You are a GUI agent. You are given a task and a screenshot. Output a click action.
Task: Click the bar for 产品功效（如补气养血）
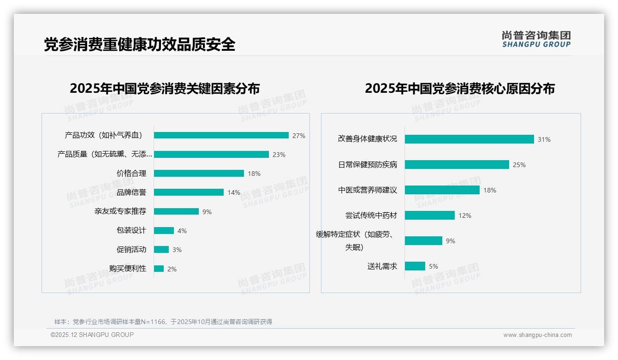click(221, 135)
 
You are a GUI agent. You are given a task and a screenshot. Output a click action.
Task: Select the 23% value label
click(279, 155)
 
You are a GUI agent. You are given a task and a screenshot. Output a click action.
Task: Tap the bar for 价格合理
click(199, 174)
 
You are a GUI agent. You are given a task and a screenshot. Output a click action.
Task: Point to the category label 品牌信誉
click(131, 192)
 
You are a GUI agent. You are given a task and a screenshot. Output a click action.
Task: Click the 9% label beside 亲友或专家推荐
click(207, 212)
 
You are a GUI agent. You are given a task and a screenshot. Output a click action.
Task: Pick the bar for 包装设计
click(164, 231)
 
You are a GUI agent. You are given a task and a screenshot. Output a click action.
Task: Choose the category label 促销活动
click(131, 250)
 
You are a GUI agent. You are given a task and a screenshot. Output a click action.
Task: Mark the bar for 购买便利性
click(159, 269)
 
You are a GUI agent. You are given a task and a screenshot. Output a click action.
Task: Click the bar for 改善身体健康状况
click(469, 139)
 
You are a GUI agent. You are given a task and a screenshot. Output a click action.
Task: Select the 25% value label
click(519, 165)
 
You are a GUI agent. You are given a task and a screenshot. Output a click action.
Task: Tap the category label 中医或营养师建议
click(368, 190)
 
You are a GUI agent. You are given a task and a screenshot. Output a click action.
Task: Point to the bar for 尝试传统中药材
click(430, 216)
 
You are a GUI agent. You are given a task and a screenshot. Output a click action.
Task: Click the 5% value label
click(433, 266)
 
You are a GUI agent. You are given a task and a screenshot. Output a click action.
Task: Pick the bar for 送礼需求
click(415, 266)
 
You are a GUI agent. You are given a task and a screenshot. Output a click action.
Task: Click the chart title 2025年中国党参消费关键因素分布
click(165, 89)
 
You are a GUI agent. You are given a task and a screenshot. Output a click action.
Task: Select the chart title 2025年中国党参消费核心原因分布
click(459, 89)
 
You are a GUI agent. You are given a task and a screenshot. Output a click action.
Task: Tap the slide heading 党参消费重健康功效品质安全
click(140, 44)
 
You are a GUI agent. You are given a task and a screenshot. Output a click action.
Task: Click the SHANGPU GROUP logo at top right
click(536, 39)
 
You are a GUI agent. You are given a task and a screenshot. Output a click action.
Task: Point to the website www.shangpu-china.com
click(537, 335)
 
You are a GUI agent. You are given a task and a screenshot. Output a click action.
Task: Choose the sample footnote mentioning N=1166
click(163, 322)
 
